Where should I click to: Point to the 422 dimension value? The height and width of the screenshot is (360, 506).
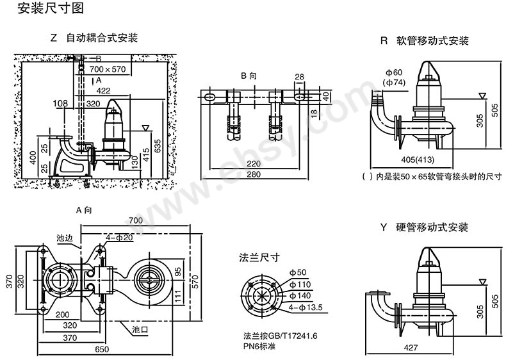[x=104, y=91]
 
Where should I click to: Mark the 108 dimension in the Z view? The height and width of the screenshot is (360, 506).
[x=60, y=103]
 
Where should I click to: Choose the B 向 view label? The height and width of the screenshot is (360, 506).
[x=249, y=76]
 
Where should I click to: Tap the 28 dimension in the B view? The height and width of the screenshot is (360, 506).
[x=299, y=77]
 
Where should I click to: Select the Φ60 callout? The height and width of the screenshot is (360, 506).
[x=393, y=72]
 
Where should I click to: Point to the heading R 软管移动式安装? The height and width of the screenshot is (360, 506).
[x=424, y=41]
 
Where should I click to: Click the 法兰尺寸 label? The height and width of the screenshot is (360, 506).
[x=259, y=258]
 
